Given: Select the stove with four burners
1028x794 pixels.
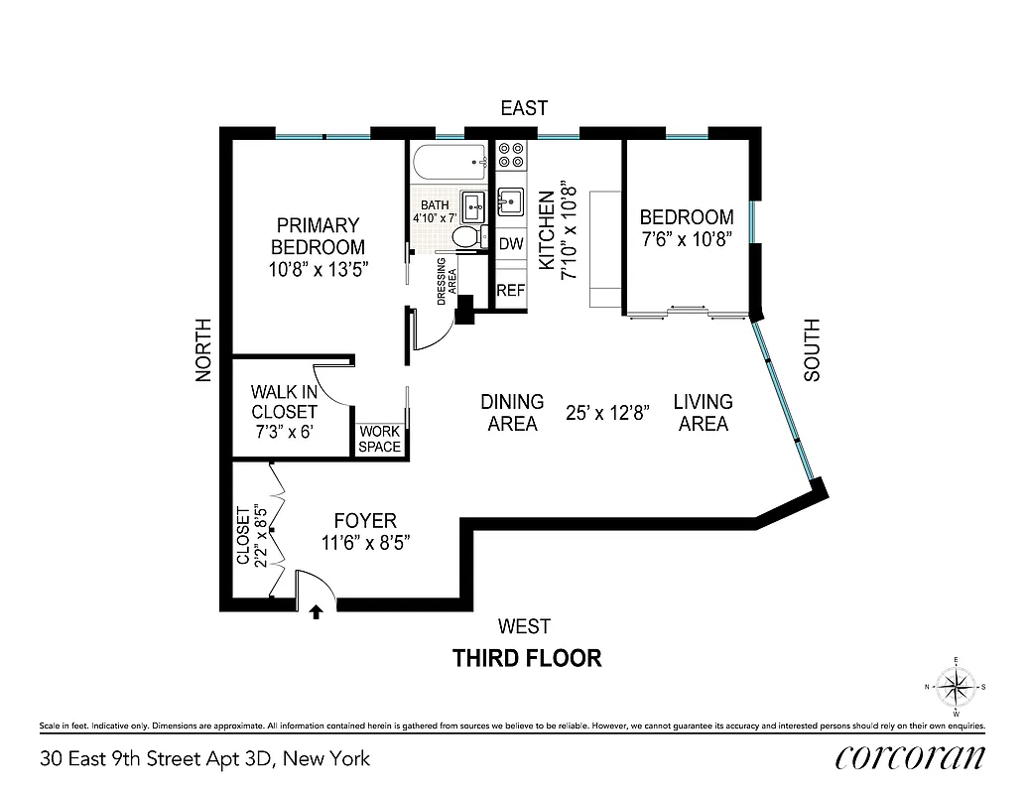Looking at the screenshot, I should tap(511, 155).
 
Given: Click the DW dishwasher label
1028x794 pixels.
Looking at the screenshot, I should tap(511, 243).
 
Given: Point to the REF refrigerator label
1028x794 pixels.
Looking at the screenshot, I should tap(511, 291).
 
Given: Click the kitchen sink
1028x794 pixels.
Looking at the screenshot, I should tap(511, 201).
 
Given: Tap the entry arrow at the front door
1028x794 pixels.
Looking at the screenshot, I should tap(317, 612).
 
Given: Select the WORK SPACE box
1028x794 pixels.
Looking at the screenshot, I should tap(380, 439).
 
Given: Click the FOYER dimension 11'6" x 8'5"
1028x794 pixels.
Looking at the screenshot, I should tap(366, 543).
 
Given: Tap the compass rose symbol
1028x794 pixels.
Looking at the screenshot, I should tap(956, 686).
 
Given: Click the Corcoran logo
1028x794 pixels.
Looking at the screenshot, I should tap(910, 758).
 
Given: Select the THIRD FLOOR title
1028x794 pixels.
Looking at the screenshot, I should tap(527, 658).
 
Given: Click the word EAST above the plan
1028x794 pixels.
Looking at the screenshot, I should tap(524, 108).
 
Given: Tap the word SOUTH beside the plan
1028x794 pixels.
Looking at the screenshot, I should tap(812, 350).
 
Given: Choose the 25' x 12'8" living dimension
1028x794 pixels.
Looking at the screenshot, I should tap(608, 413).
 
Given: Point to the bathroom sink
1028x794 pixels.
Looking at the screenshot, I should tap(474, 206).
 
